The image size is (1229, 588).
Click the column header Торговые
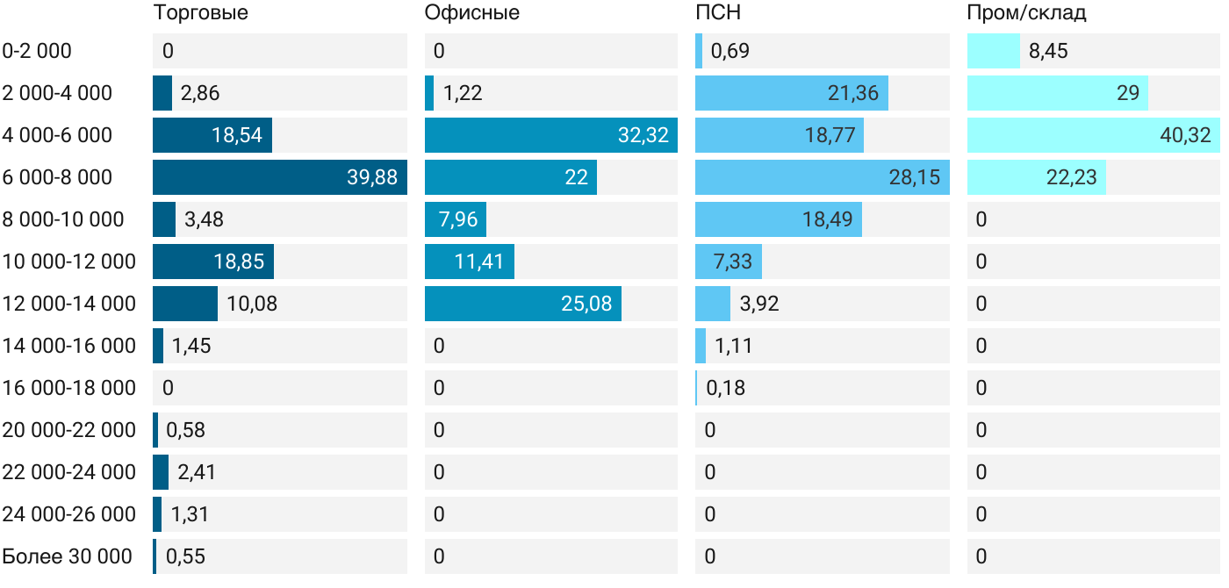200,13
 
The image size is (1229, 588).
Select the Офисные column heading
471,13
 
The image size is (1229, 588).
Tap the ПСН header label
718,13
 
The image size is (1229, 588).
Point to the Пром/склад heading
1026,13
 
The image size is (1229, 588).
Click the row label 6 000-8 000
57,177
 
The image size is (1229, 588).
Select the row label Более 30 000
68,556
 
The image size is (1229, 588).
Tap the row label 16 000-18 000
69,388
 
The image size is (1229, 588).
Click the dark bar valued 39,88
279,177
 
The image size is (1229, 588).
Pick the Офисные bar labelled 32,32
550,135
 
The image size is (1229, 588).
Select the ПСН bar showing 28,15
822,177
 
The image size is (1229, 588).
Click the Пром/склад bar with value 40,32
1093,135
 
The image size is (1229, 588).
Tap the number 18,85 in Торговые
238,262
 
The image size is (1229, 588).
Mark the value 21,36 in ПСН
852,93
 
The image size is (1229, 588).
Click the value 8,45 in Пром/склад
1048,51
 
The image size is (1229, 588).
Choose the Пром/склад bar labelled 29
1057,93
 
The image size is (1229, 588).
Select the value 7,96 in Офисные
456,219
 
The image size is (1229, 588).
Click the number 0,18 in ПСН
726,388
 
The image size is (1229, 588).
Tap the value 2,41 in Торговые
197,472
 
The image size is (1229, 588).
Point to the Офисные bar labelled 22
510,177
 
